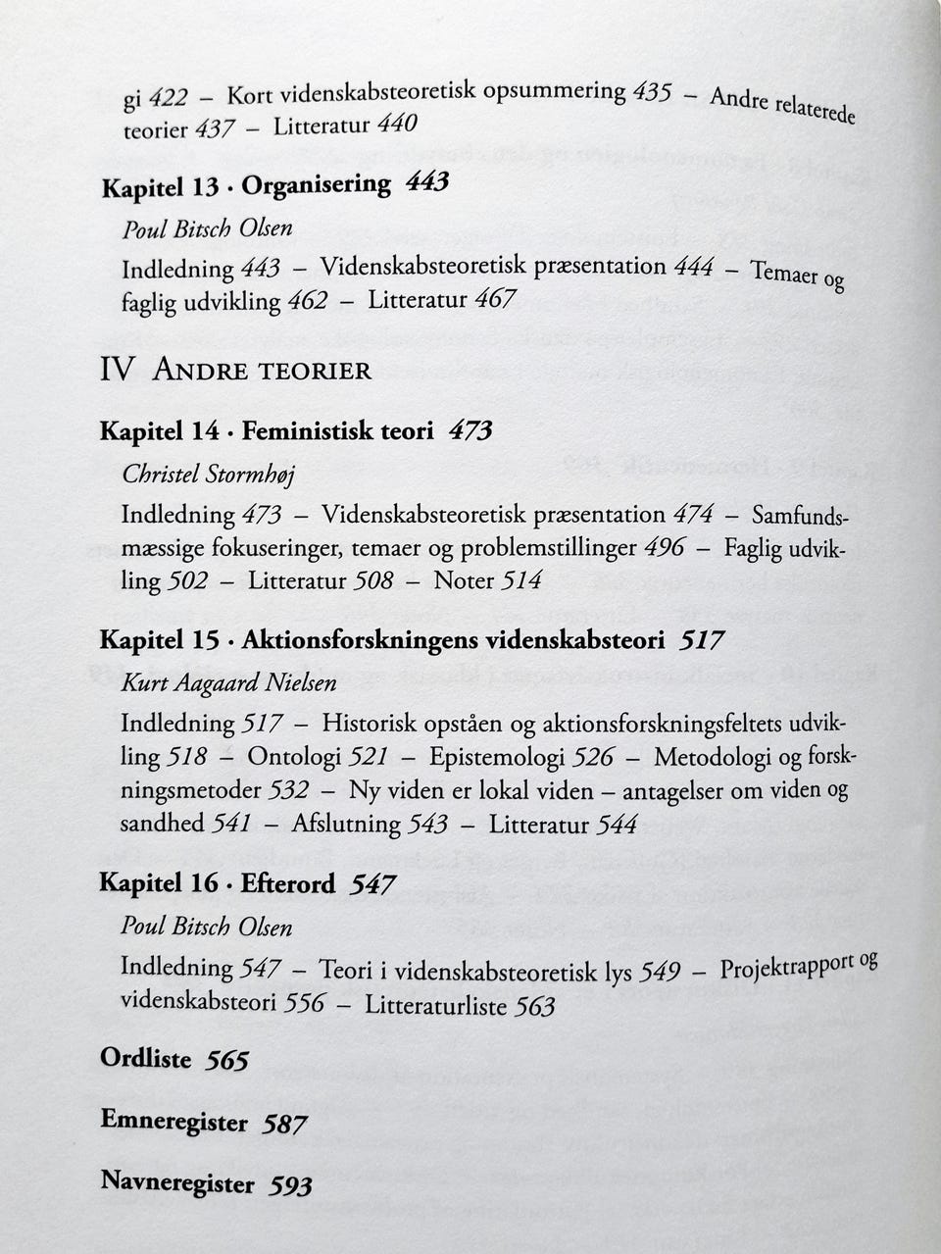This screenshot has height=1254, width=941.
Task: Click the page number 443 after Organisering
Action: pyautogui.click(x=426, y=183)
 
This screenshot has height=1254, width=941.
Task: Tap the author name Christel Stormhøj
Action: pyautogui.click(x=207, y=475)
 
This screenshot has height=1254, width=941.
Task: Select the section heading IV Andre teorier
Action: pyautogui.click(x=235, y=370)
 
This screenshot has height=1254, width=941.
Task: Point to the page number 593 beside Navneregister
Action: pyautogui.click(x=290, y=1185)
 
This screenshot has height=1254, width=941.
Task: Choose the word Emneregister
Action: pyautogui.click(x=173, y=1121)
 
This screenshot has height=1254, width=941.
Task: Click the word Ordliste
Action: pyautogui.click(x=145, y=1059)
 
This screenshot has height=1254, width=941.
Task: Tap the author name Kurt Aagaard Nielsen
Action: pyautogui.click(x=227, y=683)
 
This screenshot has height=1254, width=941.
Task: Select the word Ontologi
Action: pyautogui.click(x=293, y=757)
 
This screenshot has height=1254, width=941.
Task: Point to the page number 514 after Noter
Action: pyautogui.click(x=521, y=580)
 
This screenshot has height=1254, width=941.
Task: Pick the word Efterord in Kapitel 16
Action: pyautogui.click(x=287, y=883)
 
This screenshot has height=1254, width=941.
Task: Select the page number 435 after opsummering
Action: pyautogui.click(x=652, y=93)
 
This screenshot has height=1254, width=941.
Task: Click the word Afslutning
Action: pyautogui.click(x=346, y=824)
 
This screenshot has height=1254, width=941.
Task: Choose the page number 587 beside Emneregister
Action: pyautogui.click(x=284, y=1124)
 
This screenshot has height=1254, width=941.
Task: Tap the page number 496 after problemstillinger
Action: pyautogui.click(x=664, y=547)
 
